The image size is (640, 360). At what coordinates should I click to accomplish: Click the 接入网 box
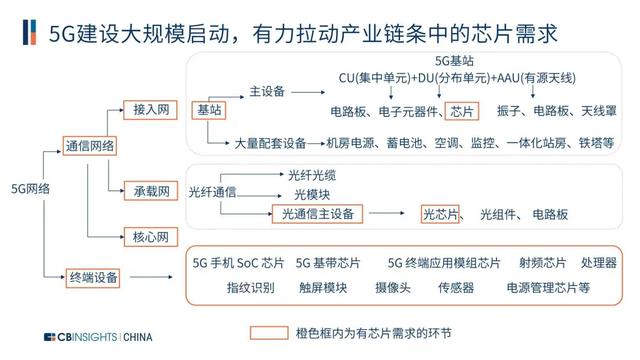click(150, 110)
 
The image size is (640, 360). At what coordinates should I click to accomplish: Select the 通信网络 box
click(90, 146)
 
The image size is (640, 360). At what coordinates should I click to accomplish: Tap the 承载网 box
click(151, 191)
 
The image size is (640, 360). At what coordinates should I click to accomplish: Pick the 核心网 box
click(151, 237)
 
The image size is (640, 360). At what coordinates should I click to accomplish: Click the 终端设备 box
click(93, 278)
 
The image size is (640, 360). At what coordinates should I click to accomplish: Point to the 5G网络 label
click(31, 189)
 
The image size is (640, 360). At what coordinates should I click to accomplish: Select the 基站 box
click(209, 110)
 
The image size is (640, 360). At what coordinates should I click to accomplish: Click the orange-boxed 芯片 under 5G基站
click(462, 111)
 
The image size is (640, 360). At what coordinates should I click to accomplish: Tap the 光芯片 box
click(440, 214)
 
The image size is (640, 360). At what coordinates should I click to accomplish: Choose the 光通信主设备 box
click(318, 214)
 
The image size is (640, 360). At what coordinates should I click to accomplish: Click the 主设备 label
click(267, 91)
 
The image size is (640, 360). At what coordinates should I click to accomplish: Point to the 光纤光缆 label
click(312, 176)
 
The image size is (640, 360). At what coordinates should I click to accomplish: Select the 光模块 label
click(312, 195)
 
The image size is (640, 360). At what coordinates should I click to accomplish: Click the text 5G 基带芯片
click(328, 263)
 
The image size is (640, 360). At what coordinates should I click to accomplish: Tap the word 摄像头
click(393, 288)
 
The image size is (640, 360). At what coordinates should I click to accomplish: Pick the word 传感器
click(456, 288)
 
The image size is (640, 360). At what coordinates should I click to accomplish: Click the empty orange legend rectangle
click(269, 333)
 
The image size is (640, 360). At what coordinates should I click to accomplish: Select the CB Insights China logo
click(98, 337)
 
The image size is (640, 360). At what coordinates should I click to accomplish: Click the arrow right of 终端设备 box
click(151, 277)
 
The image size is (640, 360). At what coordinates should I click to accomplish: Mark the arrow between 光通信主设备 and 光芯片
click(387, 213)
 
